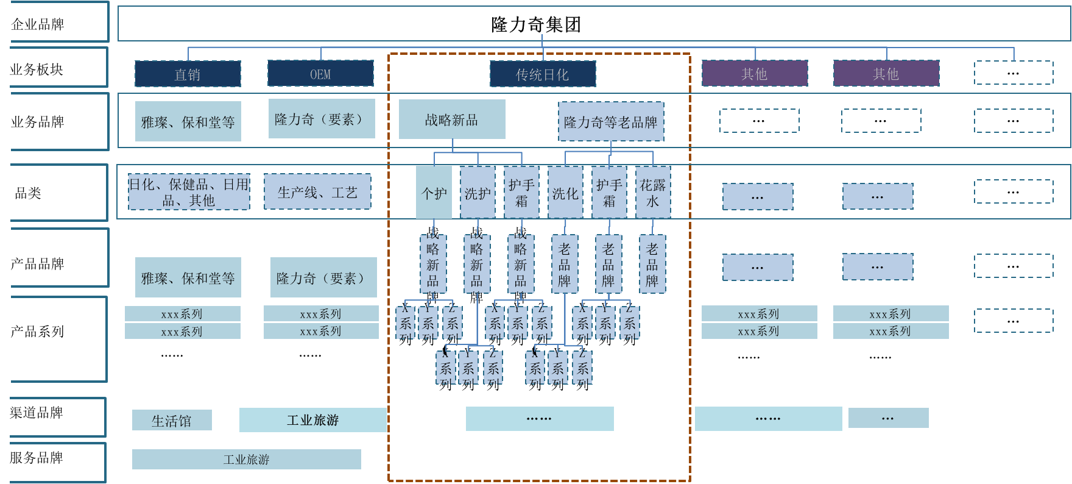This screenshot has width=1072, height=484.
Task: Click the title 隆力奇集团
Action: click(536, 24)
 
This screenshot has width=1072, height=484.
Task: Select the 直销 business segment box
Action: click(188, 74)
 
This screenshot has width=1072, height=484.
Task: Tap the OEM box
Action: click(320, 74)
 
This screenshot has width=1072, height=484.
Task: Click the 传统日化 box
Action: click(543, 74)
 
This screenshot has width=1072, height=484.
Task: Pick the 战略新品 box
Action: click(452, 119)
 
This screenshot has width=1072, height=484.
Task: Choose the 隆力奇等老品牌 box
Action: click(611, 122)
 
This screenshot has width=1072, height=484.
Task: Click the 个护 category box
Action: click(434, 193)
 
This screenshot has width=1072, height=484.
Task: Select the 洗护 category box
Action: click(478, 193)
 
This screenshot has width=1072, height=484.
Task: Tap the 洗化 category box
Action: click(565, 193)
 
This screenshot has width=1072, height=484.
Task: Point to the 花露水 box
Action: click(653, 193)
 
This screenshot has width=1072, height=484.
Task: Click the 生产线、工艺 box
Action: click(317, 192)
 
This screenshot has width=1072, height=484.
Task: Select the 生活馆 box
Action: click(172, 421)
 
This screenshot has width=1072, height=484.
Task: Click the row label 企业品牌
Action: click(38, 24)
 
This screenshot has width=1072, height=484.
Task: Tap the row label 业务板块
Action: click(37, 69)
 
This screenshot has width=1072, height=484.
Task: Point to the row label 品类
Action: click(28, 193)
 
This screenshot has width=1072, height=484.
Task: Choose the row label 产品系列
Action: click(37, 332)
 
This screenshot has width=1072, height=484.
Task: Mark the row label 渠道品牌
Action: click(37, 413)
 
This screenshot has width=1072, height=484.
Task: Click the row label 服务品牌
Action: click(37, 458)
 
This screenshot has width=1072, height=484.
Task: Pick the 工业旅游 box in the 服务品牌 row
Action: click(246, 460)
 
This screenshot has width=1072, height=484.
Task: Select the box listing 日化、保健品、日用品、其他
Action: click(189, 192)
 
